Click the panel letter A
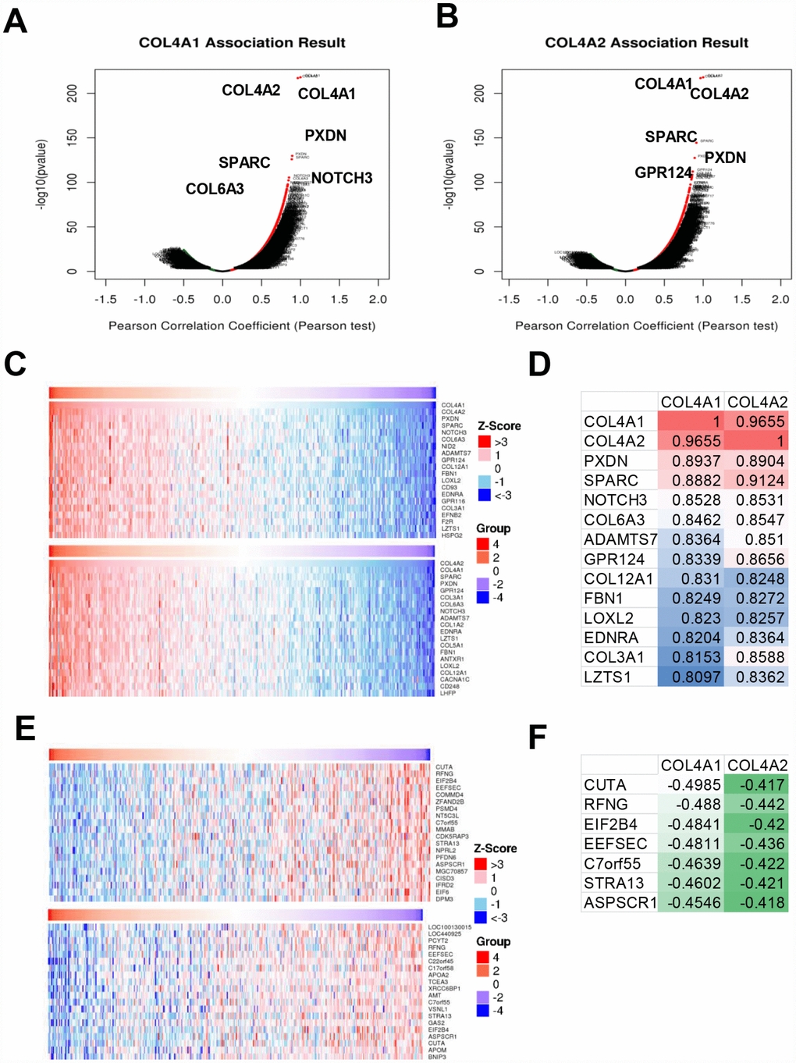(x=16, y=21)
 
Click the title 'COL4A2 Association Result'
(x=646, y=43)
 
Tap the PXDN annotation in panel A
(x=325, y=136)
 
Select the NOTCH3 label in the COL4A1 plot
(x=342, y=178)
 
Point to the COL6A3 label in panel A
(x=215, y=189)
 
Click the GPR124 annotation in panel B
(x=663, y=172)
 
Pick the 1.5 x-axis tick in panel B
(x=742, y=299)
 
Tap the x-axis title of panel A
(x=242, y=325)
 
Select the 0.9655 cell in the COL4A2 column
(x=756, y=421)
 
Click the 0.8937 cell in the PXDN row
(x=691, y=460)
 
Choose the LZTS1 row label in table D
(x=608, y=677)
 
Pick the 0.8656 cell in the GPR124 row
(x=756, y=559)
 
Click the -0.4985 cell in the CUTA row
(x=691, y=784)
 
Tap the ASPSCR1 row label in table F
(x=620, y=903)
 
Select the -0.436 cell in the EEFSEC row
(x=756, y=844)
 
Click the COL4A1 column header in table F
(x=691, y=766)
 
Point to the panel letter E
(x=25, y=728)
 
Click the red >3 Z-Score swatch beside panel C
(x=484, y=442)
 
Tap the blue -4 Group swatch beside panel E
(x=482, y=1011)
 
